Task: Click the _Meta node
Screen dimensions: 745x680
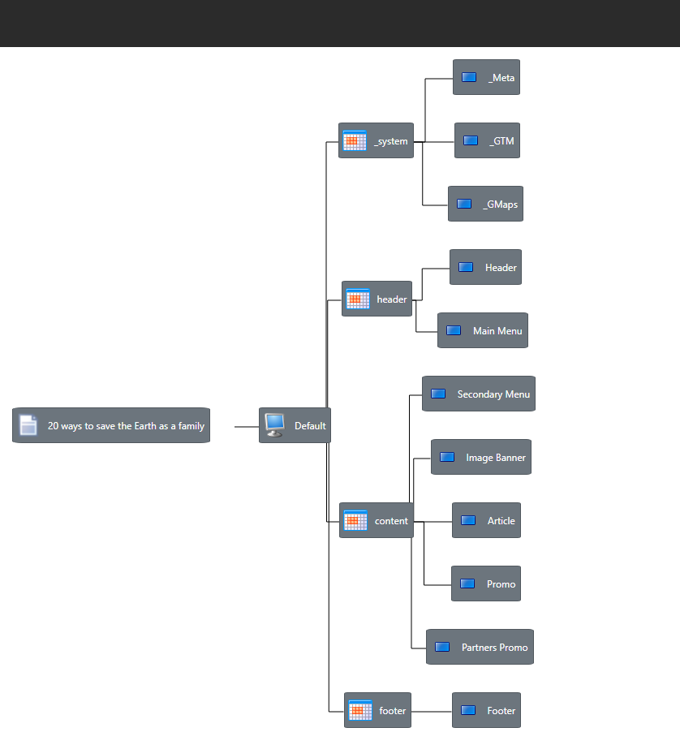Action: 486,78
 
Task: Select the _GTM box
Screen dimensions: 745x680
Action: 487,141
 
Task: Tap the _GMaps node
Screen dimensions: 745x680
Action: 485,205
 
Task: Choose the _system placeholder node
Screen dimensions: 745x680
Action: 376,141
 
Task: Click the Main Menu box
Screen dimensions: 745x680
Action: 483,331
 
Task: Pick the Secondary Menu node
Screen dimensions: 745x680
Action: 479,394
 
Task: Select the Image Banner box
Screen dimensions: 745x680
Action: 481,458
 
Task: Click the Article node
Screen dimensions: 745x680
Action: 486,521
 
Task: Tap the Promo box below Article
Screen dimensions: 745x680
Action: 486,584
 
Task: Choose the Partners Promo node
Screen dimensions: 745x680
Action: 480,648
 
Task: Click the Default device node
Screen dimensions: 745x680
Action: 295,425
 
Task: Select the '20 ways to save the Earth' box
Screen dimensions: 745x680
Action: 111,425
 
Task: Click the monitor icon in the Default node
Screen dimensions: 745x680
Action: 274,424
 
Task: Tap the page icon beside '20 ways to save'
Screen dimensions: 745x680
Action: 28,425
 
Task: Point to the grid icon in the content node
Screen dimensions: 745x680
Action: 355,521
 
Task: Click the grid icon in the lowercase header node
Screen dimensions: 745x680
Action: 358,299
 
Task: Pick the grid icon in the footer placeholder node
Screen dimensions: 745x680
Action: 360,711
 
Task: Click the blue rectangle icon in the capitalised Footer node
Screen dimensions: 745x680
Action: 468,710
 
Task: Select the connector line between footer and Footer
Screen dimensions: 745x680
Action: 432,712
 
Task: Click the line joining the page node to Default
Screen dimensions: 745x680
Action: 246,426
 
